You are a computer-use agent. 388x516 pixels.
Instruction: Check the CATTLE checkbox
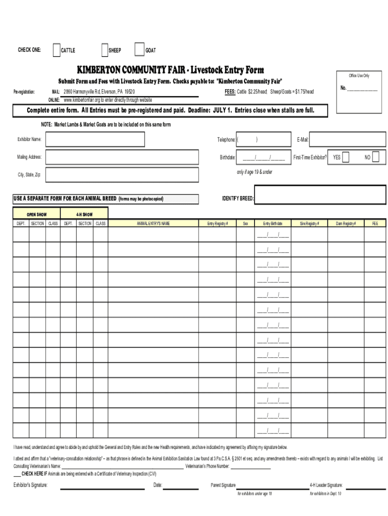tap(56, 50)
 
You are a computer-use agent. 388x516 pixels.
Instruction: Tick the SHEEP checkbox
tap(104, 50)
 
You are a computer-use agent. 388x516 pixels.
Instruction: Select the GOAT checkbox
tap(139, 49)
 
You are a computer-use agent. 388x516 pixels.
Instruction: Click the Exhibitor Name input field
tap(94, 139)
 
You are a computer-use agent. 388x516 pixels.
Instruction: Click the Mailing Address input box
tap(94, 157)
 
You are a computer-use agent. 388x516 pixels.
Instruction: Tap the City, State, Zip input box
tap(94, 175)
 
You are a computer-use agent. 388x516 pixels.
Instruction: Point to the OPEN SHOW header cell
tap(37, 215)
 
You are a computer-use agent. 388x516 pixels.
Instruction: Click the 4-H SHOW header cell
tap(84, 215)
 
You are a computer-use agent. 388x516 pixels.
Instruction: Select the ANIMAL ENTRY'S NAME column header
tap(153, 223)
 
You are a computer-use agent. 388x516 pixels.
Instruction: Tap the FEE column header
tap(375, 223)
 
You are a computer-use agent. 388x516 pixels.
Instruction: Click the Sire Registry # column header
tap(309, 223)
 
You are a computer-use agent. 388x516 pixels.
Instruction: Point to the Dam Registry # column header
tap(346, 223)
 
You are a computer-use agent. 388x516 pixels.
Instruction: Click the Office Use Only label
tap(359, 76)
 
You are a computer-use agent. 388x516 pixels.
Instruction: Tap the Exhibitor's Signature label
tap(30, 485)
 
